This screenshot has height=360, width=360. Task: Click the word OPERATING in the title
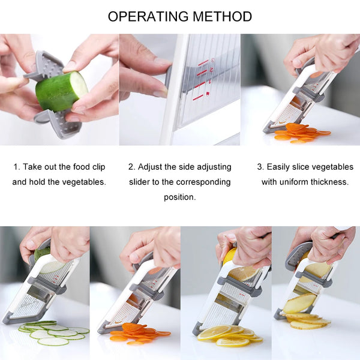coord(146,16)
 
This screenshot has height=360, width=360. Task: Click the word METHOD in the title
coord(222,16)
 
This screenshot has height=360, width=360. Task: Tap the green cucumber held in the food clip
coord(61,91)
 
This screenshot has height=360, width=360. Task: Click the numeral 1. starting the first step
coord(17,166)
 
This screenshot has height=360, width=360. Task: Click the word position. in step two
coord(179,196)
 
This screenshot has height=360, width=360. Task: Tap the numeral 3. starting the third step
coord(260,166)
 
